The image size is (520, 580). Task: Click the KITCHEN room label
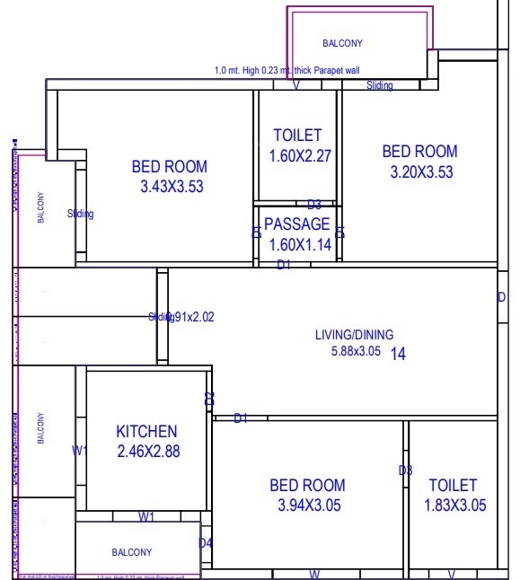pyautogui.click(x=146, y=432)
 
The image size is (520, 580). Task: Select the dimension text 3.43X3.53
pyautogui.click(x=169, y=187)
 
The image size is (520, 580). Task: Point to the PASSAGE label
pyautogui.click(x=296, y=224)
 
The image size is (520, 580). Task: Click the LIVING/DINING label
pyautogui.click(x=348, y=335)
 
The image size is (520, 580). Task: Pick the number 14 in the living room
pyautogui.click(x=398, y=355)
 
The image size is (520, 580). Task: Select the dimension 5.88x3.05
pyautogui.click(x=357, y=352)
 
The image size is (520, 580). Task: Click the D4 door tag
pyautogui.click(x=206, y=542)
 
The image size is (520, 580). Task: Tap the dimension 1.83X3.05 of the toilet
pyautogui.click(x=454, y=505)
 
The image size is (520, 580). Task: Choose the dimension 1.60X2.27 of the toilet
pyautogui.click(x=300, y=156)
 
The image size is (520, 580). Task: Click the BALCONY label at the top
pyautogui.click(x=342, y=43)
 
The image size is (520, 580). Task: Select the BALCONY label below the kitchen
pyautogui.click(x=131, y=552)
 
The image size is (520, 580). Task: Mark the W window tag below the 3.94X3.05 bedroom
pyautogui.click(x=315, y=574)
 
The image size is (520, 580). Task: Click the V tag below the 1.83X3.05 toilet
pyautogui.click(x=452, y=574)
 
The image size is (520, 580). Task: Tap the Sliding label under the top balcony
pyautogui.click(x=380, y=86)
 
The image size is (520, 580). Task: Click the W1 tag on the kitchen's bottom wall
pyautogui.click(x=146, y=516)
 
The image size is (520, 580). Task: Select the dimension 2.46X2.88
pyautogui.click(x=148, y=452)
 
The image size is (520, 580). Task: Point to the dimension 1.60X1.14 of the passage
pyautogui.click(x=300, y=243)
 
